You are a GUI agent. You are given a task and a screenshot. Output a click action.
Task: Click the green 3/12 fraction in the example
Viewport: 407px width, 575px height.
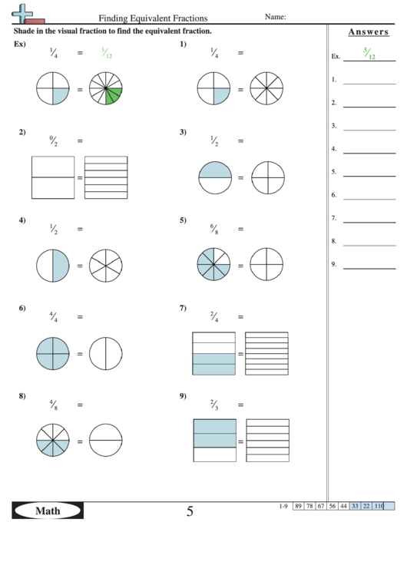[106, 53]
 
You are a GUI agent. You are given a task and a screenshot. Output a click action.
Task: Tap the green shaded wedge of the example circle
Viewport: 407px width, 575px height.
[114, 96]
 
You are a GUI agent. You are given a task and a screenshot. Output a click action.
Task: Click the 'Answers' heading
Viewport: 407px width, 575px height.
[367, 31]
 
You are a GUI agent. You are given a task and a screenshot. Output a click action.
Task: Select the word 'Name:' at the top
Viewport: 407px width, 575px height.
[275, 16]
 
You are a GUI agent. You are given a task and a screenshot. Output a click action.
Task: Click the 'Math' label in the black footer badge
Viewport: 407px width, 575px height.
[47, 511]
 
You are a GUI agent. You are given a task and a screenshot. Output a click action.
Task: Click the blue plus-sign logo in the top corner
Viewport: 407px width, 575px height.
[26, 12]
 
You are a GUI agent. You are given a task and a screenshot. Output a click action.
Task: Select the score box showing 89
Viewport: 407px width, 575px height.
[298, 506]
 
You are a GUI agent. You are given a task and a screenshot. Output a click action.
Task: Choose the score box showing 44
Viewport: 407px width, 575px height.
[343, 506]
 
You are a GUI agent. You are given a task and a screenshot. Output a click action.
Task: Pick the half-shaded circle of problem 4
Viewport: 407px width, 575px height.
[52, 266]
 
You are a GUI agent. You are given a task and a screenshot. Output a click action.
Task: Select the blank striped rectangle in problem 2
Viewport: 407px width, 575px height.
[106, 177]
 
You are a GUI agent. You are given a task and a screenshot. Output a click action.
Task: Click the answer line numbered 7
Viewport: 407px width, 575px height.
[369, 222]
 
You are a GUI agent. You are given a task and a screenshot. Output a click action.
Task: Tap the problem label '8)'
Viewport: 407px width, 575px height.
[23, 397]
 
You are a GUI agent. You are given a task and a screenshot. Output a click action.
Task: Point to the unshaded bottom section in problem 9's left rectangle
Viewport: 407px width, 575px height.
[214, 454]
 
